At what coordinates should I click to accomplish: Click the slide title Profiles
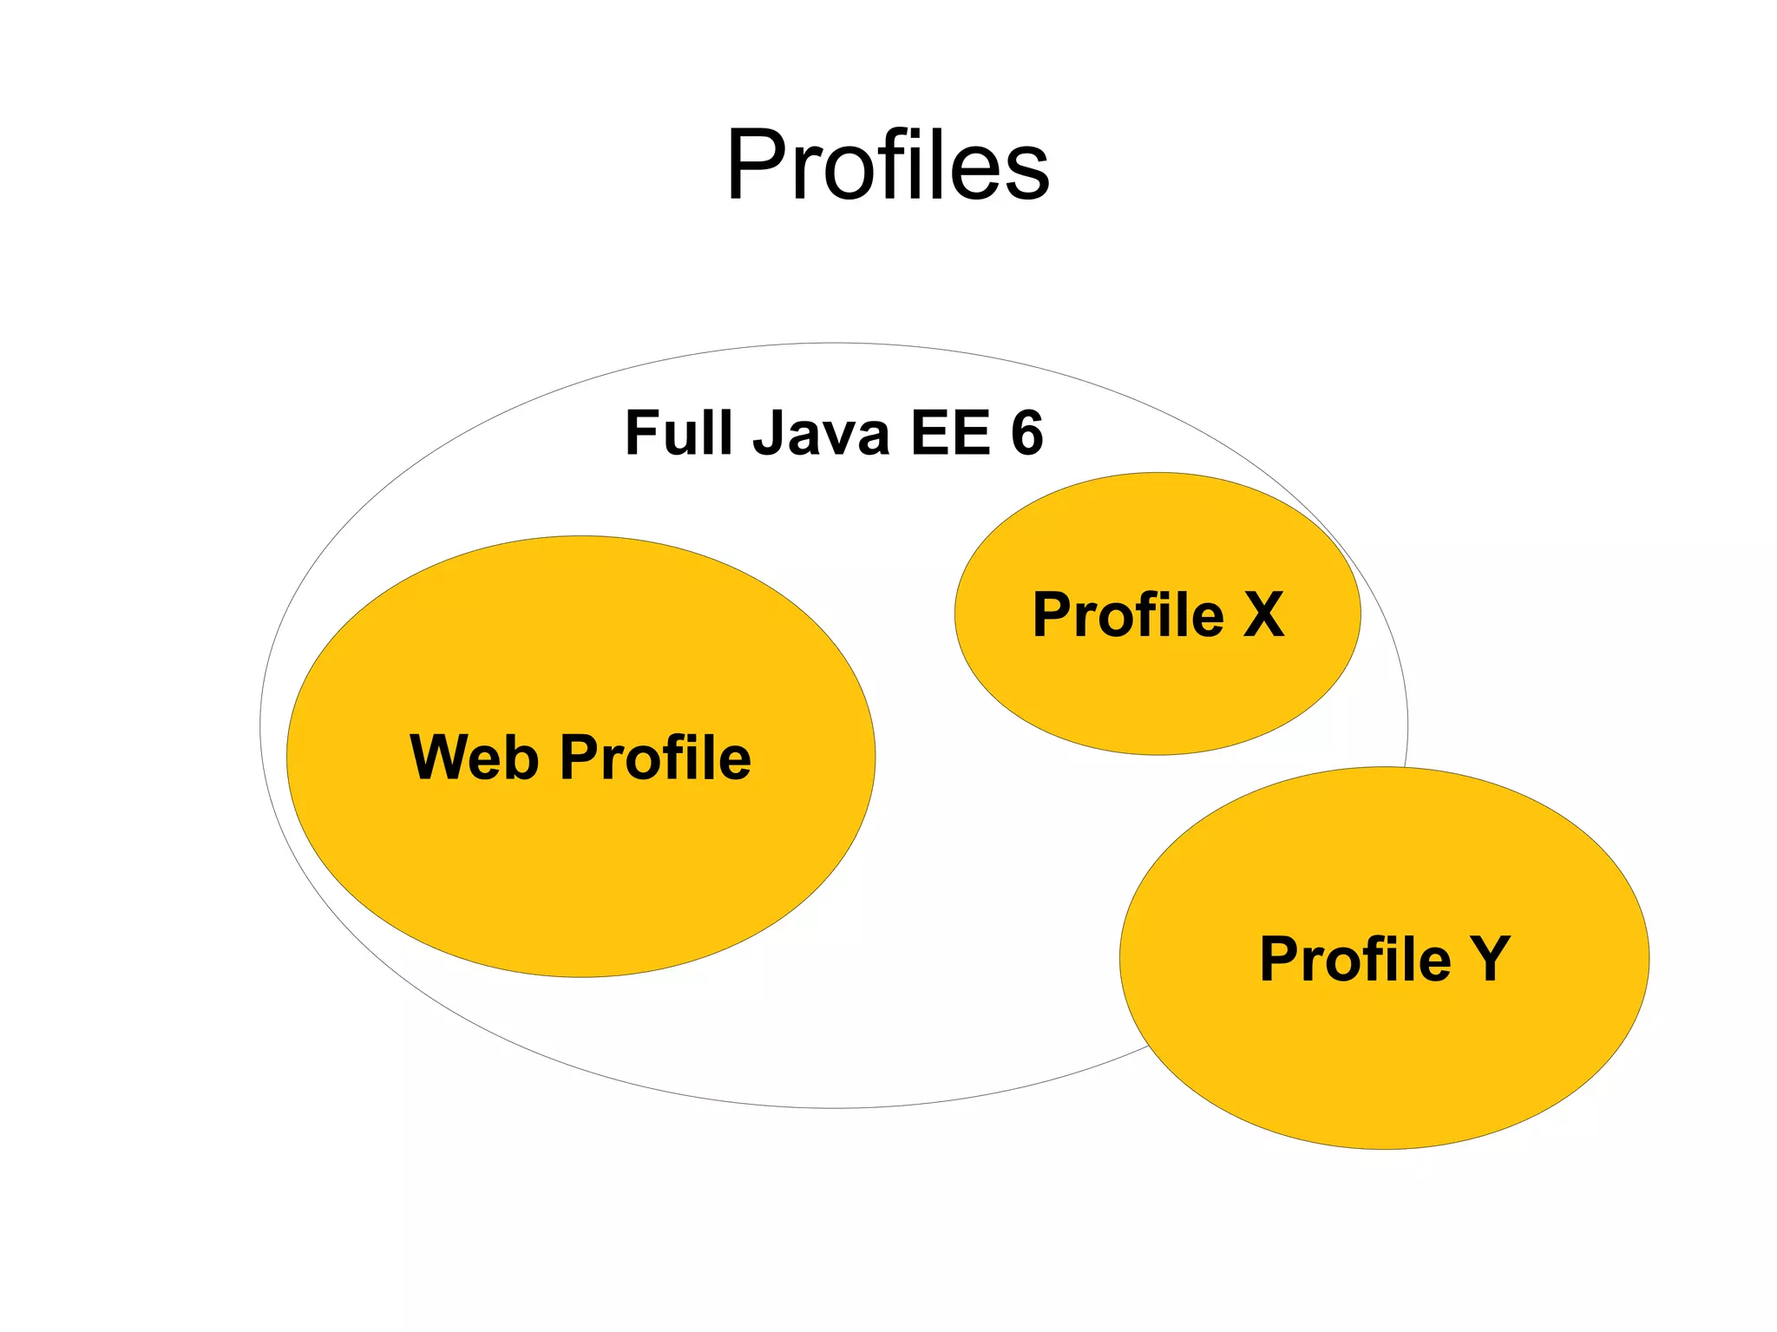tap(888, 165)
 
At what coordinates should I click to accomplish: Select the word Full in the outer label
tap(678, 432)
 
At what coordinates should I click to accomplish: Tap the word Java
tap(821, 432)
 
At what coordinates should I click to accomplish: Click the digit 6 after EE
tap(1026, 432)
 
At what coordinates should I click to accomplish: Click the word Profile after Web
tap(656, 757)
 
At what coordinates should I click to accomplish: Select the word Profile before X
tap(1128, 614)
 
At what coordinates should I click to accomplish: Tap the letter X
tap(1263, 614)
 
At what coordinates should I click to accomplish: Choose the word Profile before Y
tap(1355, 959)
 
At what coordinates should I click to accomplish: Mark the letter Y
tap(1490, 959)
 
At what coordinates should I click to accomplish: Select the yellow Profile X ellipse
tap(1157, 694)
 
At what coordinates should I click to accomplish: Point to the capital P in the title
tap(753, 165)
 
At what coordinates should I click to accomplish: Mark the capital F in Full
tap(643, 432)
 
